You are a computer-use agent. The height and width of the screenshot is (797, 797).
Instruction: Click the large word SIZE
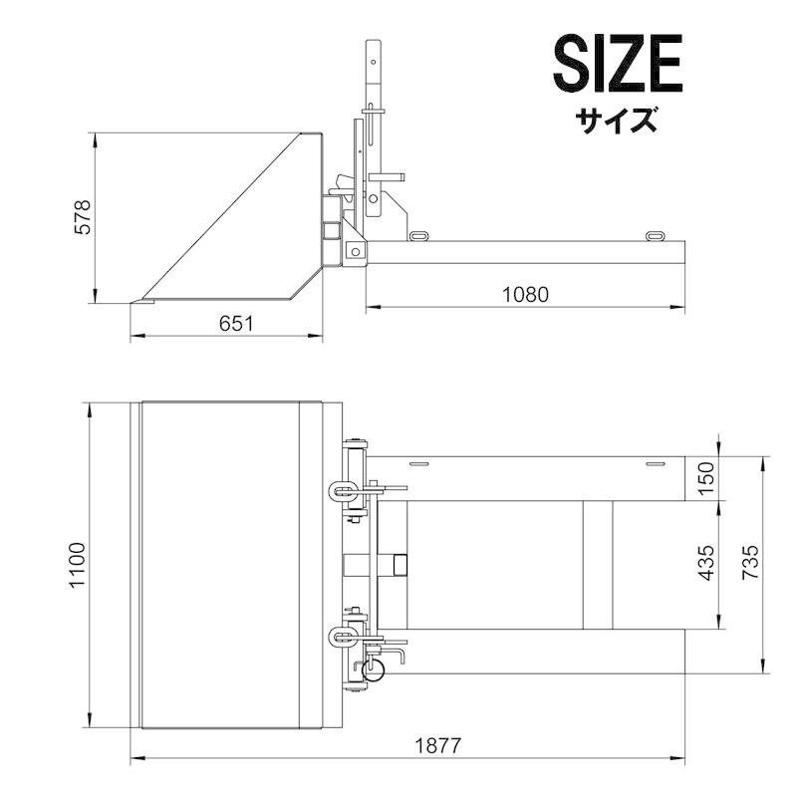point(618,66)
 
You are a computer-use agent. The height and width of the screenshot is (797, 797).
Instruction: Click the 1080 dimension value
point(525,294)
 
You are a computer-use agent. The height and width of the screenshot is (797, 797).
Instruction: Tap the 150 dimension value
point(706,478)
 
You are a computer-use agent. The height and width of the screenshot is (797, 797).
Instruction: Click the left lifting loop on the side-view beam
point(418,236)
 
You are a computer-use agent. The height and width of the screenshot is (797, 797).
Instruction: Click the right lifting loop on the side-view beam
point(655,236)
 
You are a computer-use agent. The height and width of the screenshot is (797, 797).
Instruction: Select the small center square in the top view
point(399,565)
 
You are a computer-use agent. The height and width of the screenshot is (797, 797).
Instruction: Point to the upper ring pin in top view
point(339,489)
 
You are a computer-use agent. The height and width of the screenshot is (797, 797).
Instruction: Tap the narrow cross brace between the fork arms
point(598,565)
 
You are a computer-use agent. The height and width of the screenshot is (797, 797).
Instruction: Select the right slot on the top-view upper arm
point(654,465)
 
